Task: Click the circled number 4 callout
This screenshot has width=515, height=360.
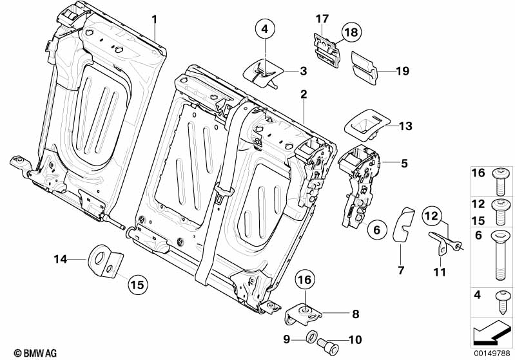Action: point(264,28)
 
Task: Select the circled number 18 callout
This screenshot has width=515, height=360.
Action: point(351,32)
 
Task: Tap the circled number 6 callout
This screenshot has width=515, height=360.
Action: point(377,229)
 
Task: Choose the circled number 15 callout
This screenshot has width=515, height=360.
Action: point(137,284)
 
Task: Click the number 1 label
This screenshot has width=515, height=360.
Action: point(155,19)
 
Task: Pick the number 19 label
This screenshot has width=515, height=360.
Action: point(402,71)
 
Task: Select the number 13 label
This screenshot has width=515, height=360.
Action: point(405,126)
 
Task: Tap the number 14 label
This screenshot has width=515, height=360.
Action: point(60,260)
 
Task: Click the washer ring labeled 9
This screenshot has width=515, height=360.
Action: point(311,336)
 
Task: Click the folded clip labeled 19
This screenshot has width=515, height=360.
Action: point(366,66)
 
